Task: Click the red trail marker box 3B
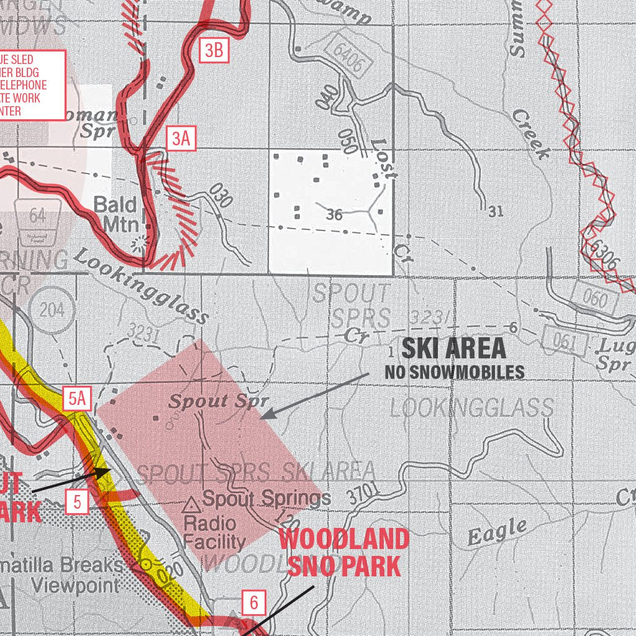click(214, 50)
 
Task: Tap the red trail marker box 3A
click(181, 138)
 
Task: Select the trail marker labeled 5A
click(77, 399)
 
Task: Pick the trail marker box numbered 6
click(253, 602)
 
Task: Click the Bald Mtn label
click(115, 214)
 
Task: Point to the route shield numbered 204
click(52, 310)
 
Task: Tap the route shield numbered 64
click(38, 216)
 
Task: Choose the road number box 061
click(563, 341)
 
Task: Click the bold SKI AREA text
click(453, 350)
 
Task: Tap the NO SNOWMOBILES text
click(454, 372)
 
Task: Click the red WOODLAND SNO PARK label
click(343, 553)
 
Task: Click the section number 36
click(334, 215)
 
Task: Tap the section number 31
click(495, 212)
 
